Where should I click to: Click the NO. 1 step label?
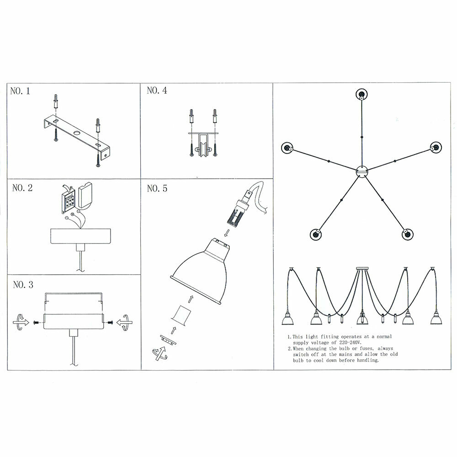pos(20,91)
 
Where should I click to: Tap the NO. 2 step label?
pos(22,188)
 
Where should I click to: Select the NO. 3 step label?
pos(23,285)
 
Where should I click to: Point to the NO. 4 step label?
pos(157,91)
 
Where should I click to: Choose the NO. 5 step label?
pos(157,188)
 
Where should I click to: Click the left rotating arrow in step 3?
pos(20,322)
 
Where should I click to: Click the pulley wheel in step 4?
pos(201,149)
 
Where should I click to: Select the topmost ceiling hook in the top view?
pos(361,95)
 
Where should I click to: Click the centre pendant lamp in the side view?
pos(361,317)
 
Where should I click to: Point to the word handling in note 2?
pos(367,360)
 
